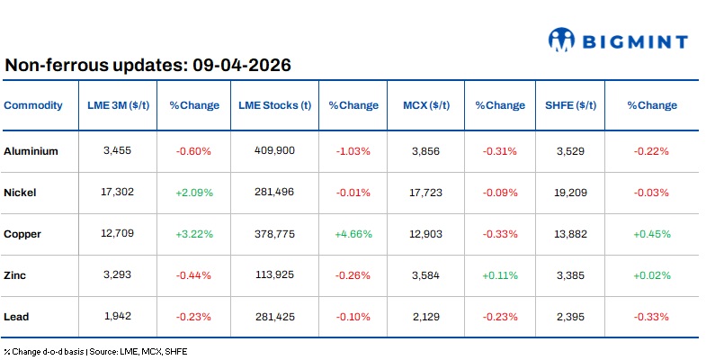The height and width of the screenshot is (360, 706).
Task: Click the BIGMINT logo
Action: pos(619,40)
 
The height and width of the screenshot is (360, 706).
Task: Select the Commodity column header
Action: pos(33,105)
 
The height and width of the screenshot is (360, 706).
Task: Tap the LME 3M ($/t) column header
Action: pos(118,105)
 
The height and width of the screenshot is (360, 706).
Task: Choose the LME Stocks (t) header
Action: pos(274,105)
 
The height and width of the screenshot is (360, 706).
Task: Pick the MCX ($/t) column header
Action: pos(425,105)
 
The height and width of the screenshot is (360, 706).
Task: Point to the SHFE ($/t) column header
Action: pos(570,105)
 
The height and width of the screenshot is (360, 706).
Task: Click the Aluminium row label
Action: pos(31,151)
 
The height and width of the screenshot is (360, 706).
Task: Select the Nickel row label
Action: pos(21,193)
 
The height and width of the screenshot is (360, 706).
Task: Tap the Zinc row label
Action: pos(16,275)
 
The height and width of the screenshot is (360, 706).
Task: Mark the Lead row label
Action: pos(17,317)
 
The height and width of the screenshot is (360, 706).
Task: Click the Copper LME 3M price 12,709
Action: pos(118,234)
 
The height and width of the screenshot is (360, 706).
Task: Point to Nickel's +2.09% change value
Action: pos(193,193)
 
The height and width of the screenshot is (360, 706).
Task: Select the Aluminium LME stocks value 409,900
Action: pos(274,151)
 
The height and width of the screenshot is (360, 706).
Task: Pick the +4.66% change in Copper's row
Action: pos(353,234)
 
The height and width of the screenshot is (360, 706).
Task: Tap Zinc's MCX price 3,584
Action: pos(425,275)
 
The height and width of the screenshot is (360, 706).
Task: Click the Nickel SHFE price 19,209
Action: pos(570,193)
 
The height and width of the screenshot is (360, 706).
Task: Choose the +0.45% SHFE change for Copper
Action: pos(651,234)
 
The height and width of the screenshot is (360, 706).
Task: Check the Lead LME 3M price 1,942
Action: pos(118,317)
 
